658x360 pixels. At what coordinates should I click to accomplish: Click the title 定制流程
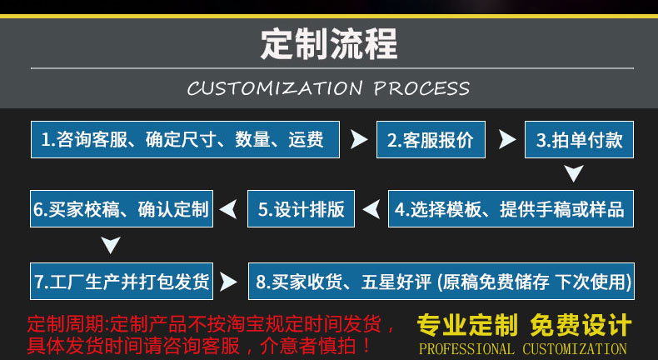(329, 43)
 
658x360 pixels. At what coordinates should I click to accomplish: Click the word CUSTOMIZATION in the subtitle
(275, 88)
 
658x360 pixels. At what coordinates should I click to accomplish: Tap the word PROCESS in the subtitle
(421, 88)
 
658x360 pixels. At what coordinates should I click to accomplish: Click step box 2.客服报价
(431, 140)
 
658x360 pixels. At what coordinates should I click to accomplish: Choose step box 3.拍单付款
(579, 140)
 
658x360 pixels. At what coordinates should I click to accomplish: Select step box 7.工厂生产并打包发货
(122, 281)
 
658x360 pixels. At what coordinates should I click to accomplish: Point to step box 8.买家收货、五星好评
(442, 281)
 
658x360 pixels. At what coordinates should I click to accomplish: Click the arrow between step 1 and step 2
(358, 139)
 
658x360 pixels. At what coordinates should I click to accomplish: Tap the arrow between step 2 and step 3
(506, 139)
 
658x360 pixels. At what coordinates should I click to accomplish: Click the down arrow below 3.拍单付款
(574, 173)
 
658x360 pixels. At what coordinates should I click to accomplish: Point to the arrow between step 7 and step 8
(228, 282)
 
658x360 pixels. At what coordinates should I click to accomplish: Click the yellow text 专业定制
(467, 324)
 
